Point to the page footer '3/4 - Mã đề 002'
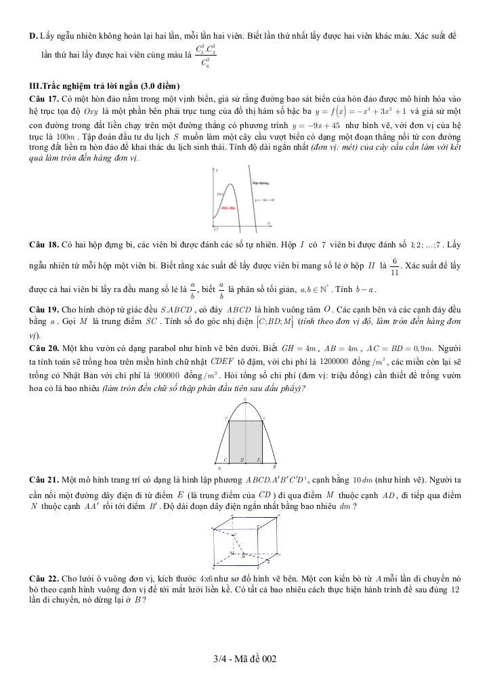click(x=244, y=659)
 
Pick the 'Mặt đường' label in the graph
click(x=261, y=182)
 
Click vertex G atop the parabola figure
click(x=244, y=399)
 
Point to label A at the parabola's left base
click(x=218, y=468)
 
